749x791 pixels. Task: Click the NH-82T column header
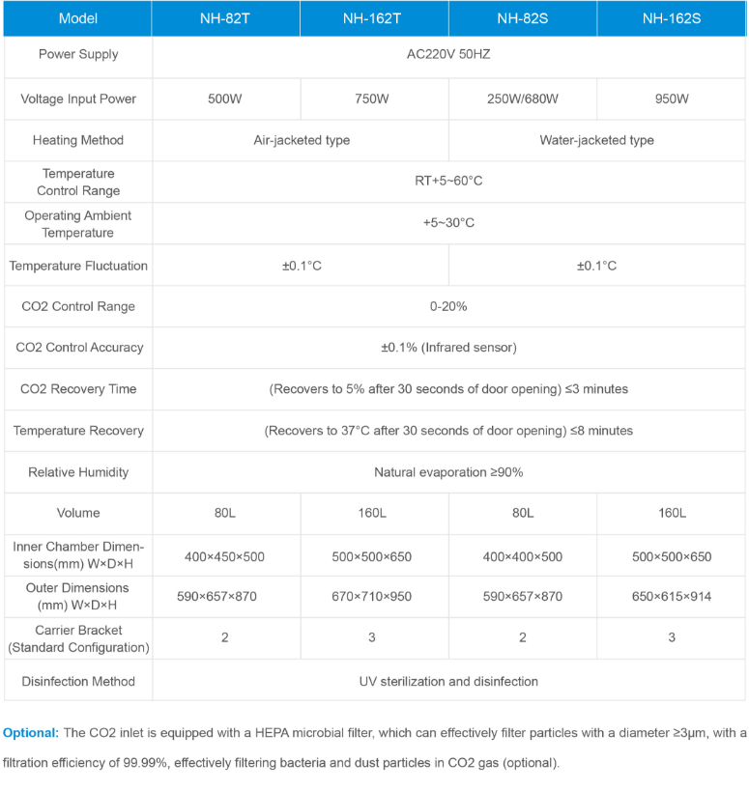tap(225, 18)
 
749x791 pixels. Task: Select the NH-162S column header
tap(672, 18)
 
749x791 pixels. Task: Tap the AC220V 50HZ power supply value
tap(448, 54)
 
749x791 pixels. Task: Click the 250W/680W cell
tap(523, 99)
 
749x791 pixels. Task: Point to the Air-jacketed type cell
tap(302, 140)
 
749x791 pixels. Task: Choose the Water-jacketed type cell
tap(596, 140)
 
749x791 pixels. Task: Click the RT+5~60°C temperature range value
tap(448, 181)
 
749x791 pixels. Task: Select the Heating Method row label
tap(78, 140)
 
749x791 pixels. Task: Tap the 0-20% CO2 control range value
tap(448, 306)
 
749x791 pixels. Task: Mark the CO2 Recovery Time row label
tap(78, 389)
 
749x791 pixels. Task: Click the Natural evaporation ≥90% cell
tap(448, 472)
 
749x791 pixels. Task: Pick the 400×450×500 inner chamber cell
tap(225, 556)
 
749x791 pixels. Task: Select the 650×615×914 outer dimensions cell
tap(672, 597)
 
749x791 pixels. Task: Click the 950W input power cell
tap(672, 99)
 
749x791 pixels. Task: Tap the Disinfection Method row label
tap(78, 681)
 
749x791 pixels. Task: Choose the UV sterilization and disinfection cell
tap(448, 681)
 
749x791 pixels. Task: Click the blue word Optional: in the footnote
tap(31, 733)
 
